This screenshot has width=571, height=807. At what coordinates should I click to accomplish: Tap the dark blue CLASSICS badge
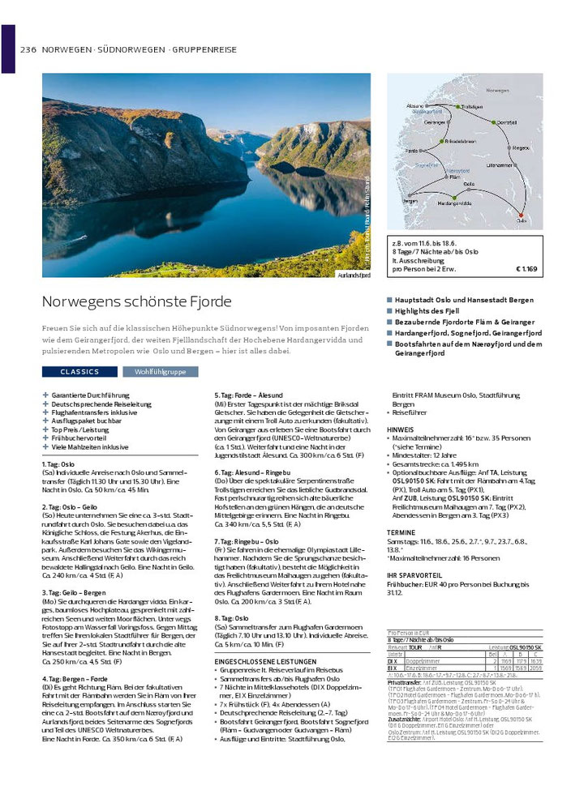pos(79,372)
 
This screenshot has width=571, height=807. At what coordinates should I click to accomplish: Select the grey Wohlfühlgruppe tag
pos(154,372)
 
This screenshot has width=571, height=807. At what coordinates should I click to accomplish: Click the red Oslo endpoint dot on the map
pos(521,216)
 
